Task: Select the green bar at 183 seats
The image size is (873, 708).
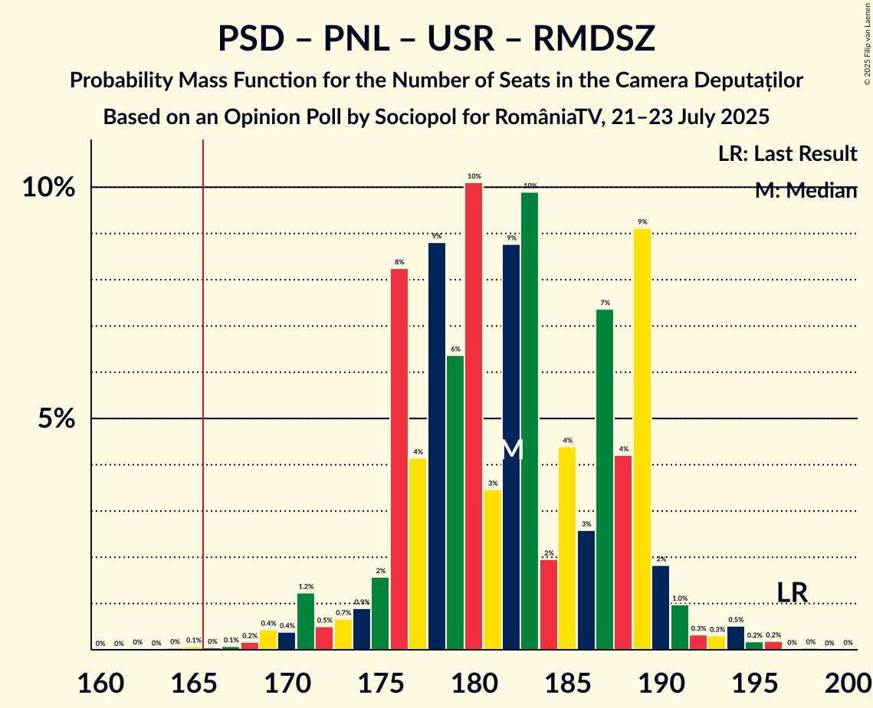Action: point(530,421)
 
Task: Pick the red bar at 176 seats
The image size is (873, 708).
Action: point(399,459)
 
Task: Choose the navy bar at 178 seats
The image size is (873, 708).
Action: point(437,446)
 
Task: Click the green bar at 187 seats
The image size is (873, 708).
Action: point(605,480)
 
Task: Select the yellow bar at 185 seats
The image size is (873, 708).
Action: point(567,549)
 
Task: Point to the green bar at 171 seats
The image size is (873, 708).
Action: point(306,621)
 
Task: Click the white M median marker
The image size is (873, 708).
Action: point(512,449)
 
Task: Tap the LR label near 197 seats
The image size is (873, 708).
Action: point(792,592)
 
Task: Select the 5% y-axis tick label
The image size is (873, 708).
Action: point(58,419)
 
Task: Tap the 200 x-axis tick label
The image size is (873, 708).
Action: point(848,680)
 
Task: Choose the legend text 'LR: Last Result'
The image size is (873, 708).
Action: point(787,154)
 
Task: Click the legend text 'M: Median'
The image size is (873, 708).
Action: point(805,191)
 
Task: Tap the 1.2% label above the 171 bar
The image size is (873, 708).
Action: point(306,586)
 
